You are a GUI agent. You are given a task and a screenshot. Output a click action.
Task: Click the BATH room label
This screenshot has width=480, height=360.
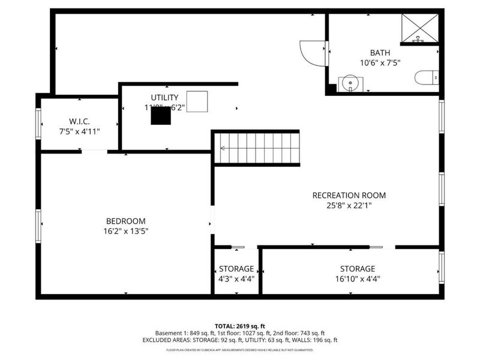pos(380,53)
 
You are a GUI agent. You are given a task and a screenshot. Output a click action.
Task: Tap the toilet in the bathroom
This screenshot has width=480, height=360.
pos(427,77)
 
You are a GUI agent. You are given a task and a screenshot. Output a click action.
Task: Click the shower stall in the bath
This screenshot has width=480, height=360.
pos(419,28)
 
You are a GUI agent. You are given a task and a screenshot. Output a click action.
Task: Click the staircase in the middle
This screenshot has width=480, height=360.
pos(257,147)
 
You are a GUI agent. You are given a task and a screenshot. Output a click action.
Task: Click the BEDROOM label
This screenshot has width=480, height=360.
pos(125,221)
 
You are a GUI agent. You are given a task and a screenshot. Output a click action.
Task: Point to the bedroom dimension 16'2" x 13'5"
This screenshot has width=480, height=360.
pos(125,230)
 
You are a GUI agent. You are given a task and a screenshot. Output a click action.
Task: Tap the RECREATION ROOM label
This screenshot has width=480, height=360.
pos(349,195)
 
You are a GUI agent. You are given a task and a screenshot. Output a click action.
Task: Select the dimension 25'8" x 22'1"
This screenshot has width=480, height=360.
pos(349,205)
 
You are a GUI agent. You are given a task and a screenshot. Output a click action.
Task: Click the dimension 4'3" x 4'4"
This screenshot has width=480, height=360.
pos(236,278)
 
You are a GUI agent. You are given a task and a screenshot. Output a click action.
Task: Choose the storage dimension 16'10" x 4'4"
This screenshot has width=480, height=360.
pos(357,278)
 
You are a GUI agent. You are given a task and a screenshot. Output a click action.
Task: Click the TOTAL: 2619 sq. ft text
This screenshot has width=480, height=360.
pos(240,326)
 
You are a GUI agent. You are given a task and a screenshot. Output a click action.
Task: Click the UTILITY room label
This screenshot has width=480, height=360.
pos(164,97)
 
